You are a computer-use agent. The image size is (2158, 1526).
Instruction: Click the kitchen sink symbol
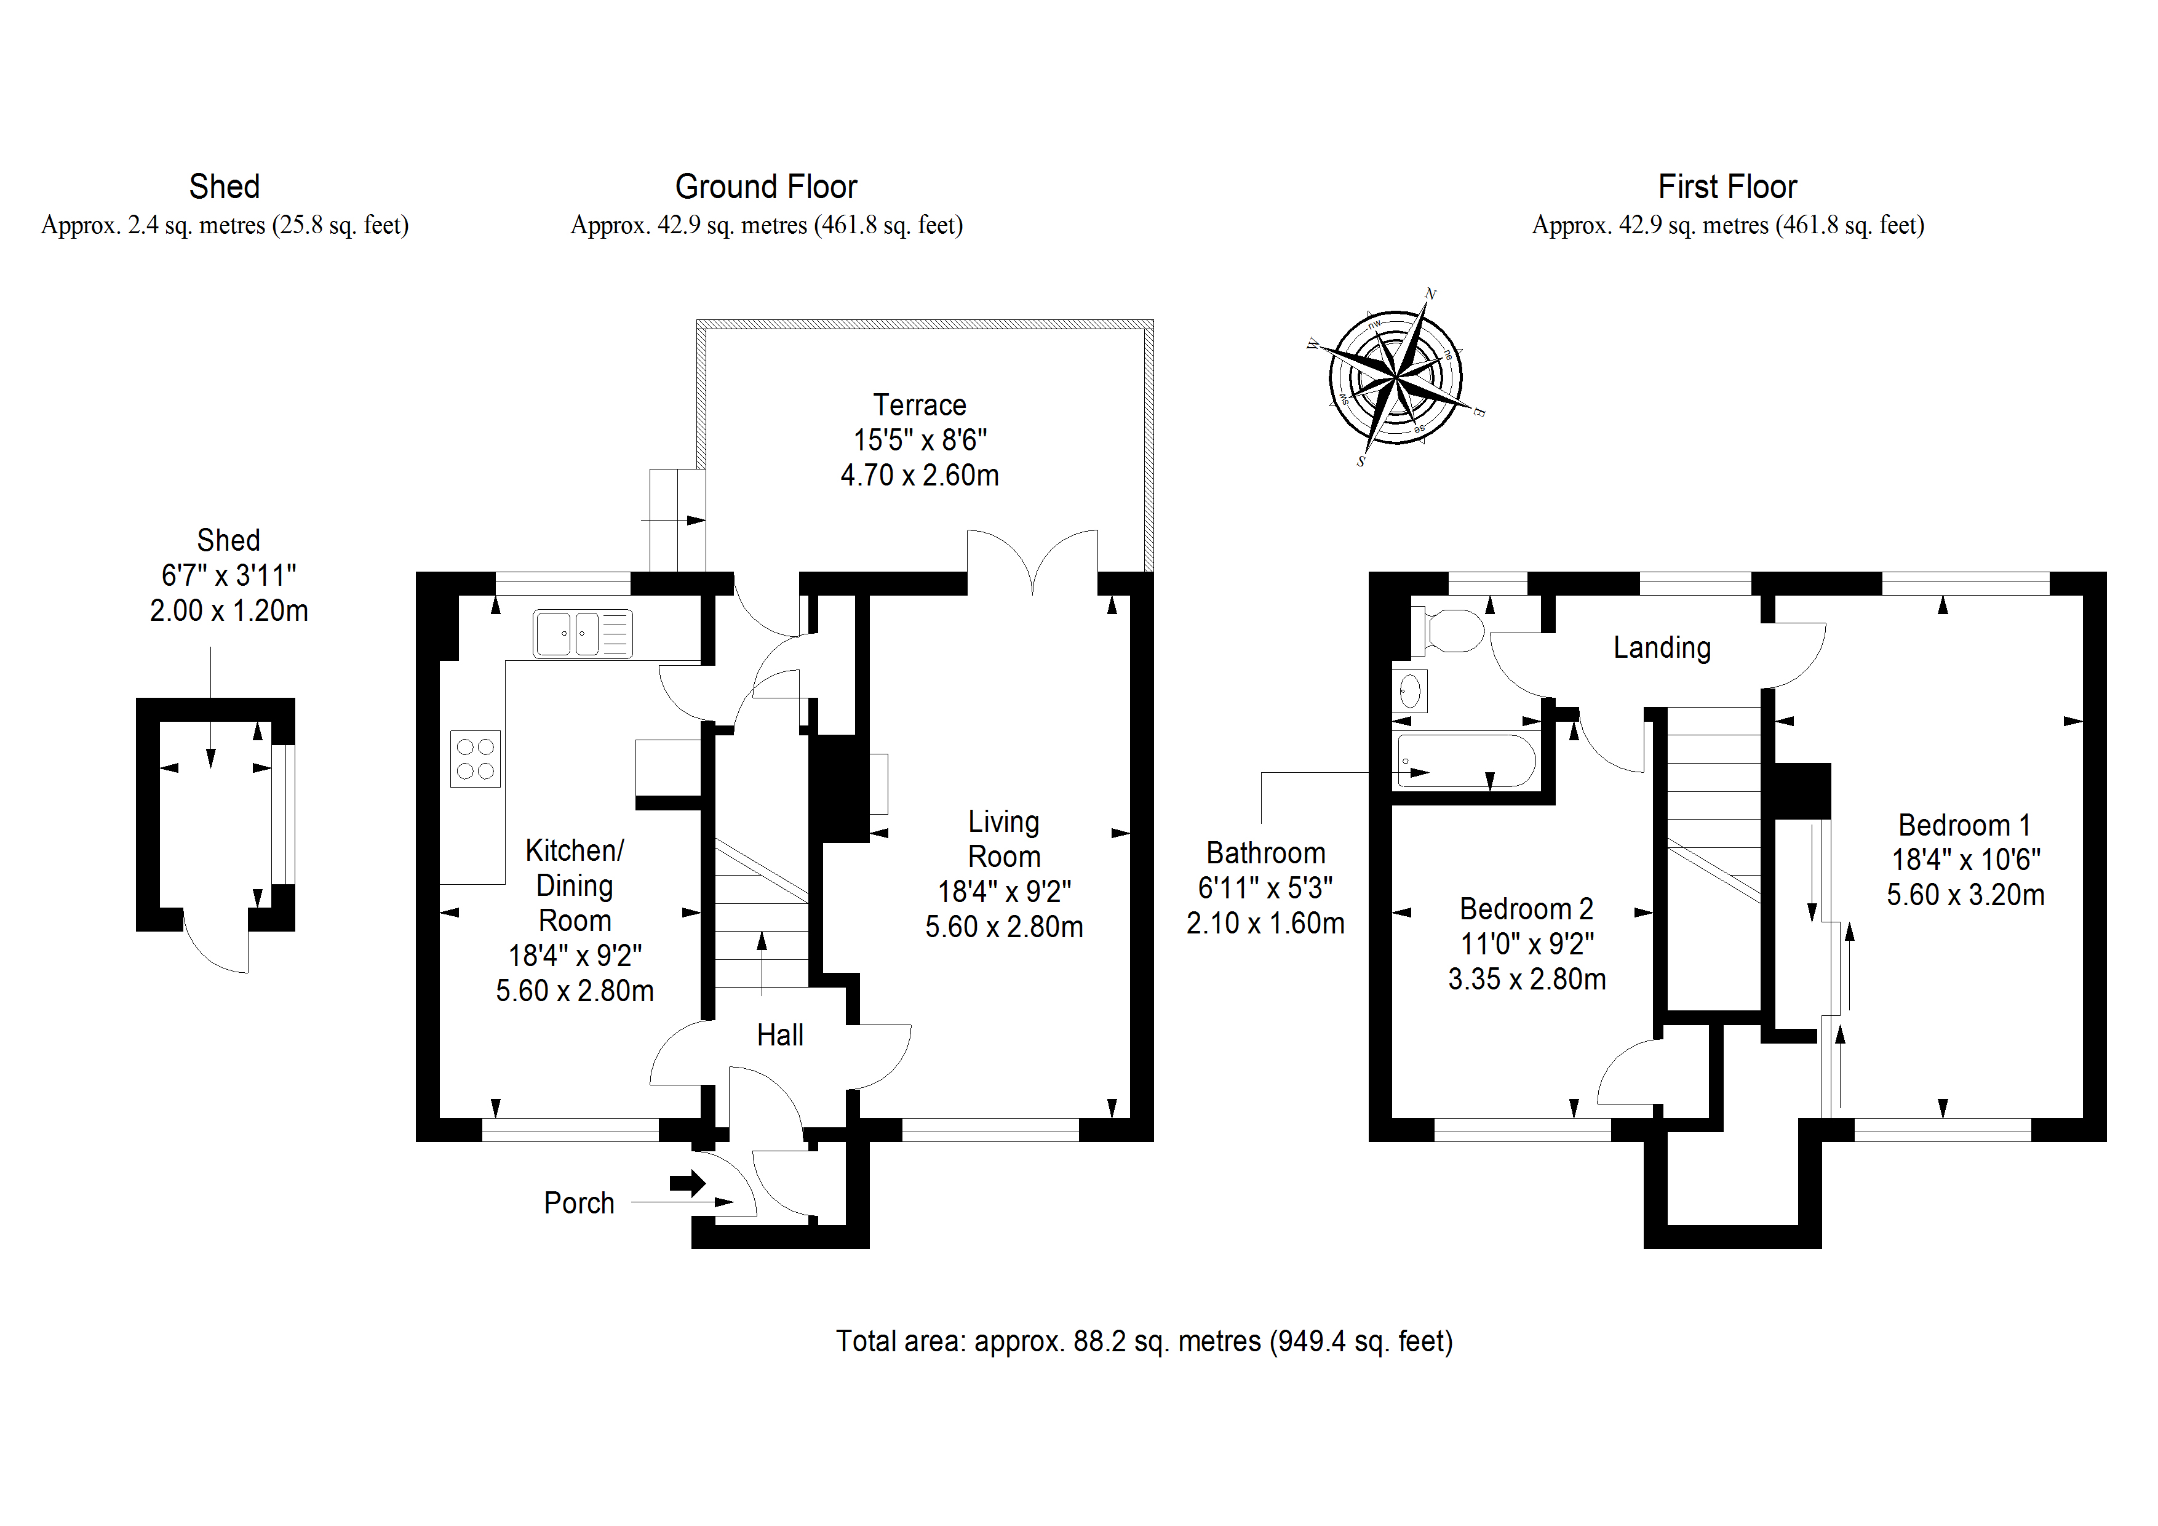coord(583,634)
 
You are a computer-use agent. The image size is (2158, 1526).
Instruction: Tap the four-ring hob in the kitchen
coord(475,759)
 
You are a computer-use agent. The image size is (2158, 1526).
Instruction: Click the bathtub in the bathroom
coord(1466,761)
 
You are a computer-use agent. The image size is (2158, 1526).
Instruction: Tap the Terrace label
coord(919,405)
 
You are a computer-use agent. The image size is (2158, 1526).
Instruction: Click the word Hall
coord(779,1035)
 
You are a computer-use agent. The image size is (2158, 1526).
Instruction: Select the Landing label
coord(1662,648)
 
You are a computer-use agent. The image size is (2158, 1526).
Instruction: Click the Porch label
coord(579,1202)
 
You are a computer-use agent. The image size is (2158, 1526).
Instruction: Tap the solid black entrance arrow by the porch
coord(688,1183)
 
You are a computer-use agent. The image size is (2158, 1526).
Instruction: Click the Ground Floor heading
coord(766,187)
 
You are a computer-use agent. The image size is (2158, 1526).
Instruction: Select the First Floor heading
coord(1727,187)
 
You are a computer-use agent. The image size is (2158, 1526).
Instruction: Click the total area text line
coord(1144,1341)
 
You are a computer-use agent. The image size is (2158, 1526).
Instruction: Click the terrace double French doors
coord(1032,562)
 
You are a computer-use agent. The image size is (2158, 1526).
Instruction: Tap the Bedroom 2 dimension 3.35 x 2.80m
coord(1526,980)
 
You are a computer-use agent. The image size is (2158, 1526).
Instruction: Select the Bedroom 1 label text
coord(1964,826)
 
